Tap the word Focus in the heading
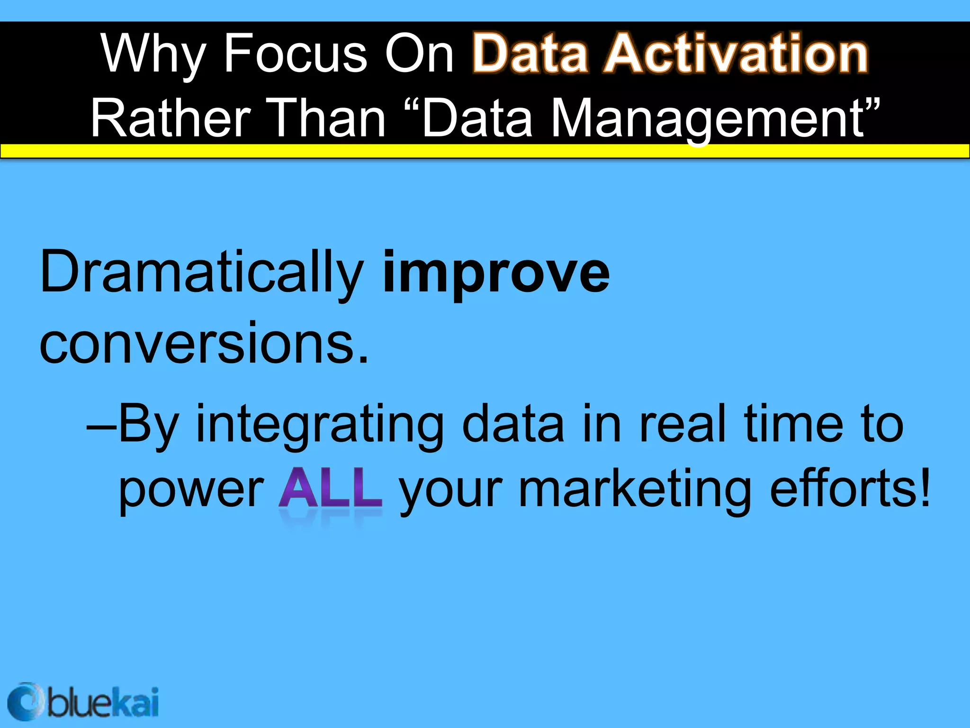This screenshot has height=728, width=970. point(295,53)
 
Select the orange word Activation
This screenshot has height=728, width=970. point(736,53)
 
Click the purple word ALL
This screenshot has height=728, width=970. point(330,488)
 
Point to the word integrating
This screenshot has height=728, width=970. point(320,424)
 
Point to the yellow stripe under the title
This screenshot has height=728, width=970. point(485,151)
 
